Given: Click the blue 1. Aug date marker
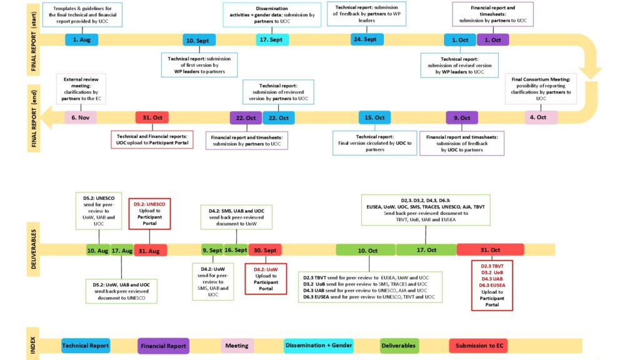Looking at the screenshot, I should click(82, 40).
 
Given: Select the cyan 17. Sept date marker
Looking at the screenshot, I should click(272, 40).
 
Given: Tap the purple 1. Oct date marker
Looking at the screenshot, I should click(492, 40).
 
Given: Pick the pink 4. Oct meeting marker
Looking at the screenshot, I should click(541, 117).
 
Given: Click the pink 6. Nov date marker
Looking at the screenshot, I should click(81, 117).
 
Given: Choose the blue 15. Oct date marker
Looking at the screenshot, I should click(375, 117).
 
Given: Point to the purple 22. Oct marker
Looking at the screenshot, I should click(246, 117).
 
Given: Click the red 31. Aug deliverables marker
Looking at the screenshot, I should click(151, 250).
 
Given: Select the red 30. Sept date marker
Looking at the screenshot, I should click(266, 250).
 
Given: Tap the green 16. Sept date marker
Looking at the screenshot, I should click(236, 250).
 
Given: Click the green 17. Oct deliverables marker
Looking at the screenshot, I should click(426, 250).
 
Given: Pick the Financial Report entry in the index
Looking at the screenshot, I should click(163, 346).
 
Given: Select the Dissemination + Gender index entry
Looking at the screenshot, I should click(319, 346).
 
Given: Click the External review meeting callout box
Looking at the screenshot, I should click(81, 88).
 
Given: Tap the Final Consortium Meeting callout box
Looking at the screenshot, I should click(541, 88).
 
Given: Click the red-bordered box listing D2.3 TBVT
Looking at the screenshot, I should click(492, 286).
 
